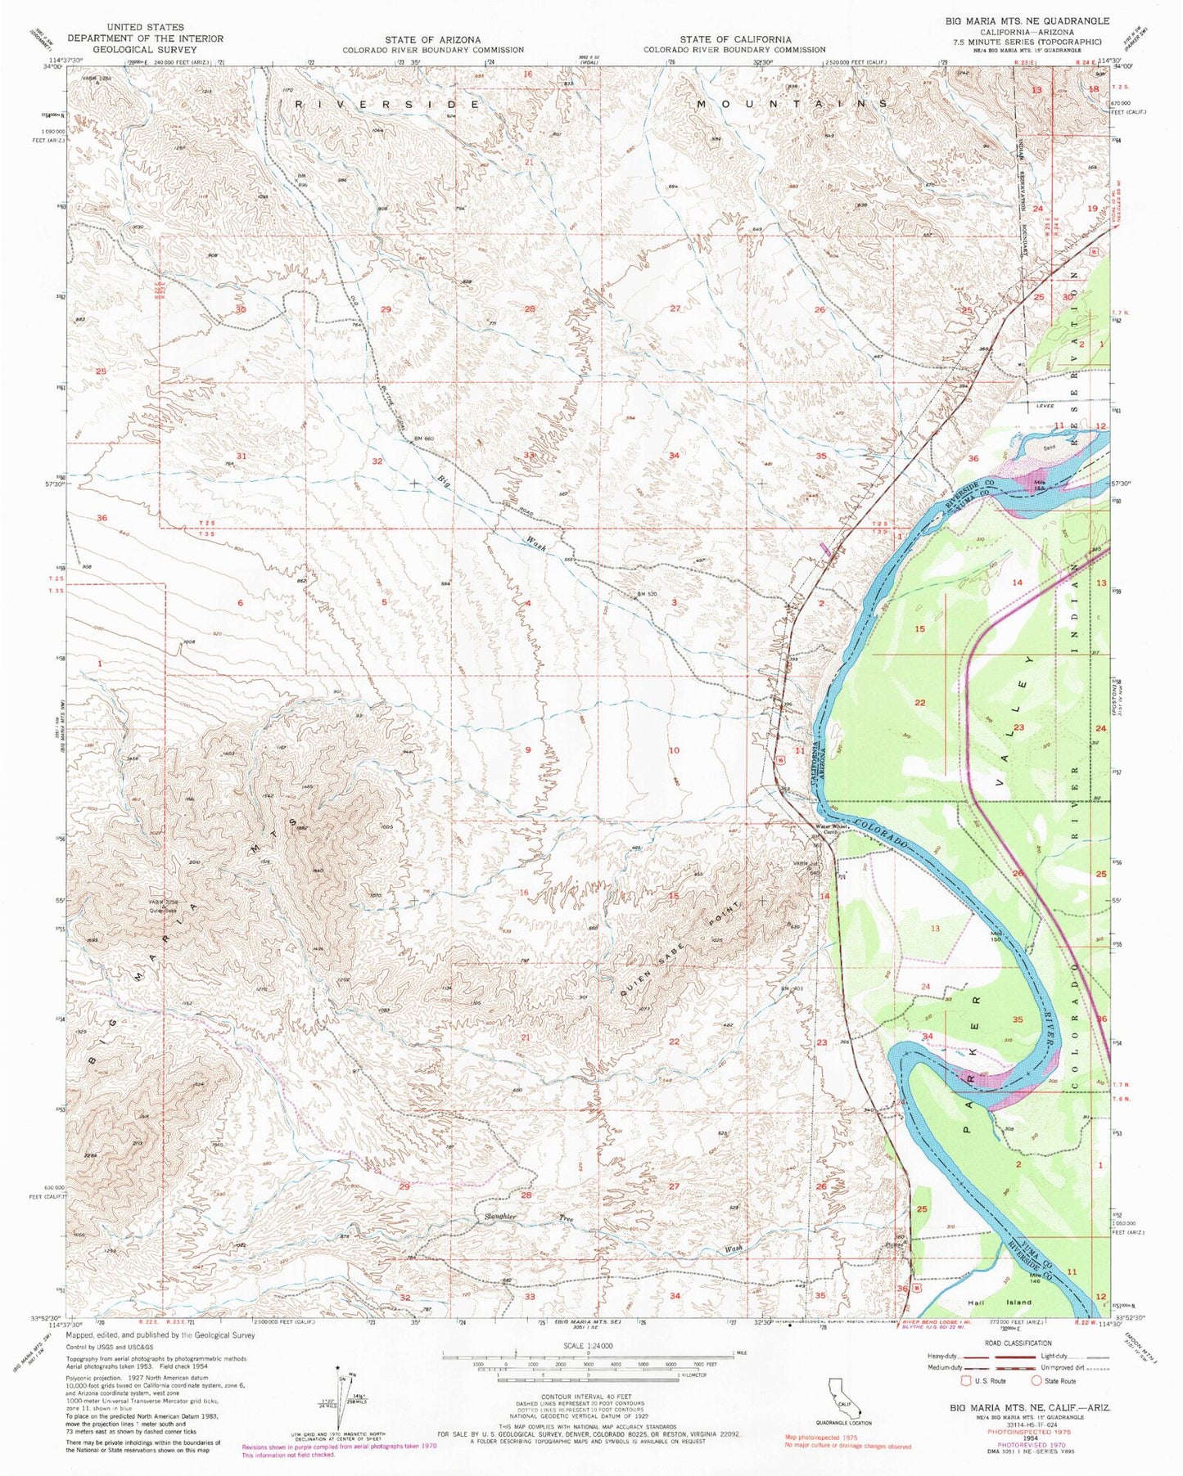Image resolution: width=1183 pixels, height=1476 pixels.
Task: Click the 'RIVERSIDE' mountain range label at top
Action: tap(387, 105)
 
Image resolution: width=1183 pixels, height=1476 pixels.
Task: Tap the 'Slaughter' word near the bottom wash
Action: tap(499, 1217)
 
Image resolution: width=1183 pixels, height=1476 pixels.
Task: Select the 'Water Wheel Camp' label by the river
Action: tap(832, 828)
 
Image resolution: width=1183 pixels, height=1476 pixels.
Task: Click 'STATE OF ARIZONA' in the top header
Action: tap(433, 39)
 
